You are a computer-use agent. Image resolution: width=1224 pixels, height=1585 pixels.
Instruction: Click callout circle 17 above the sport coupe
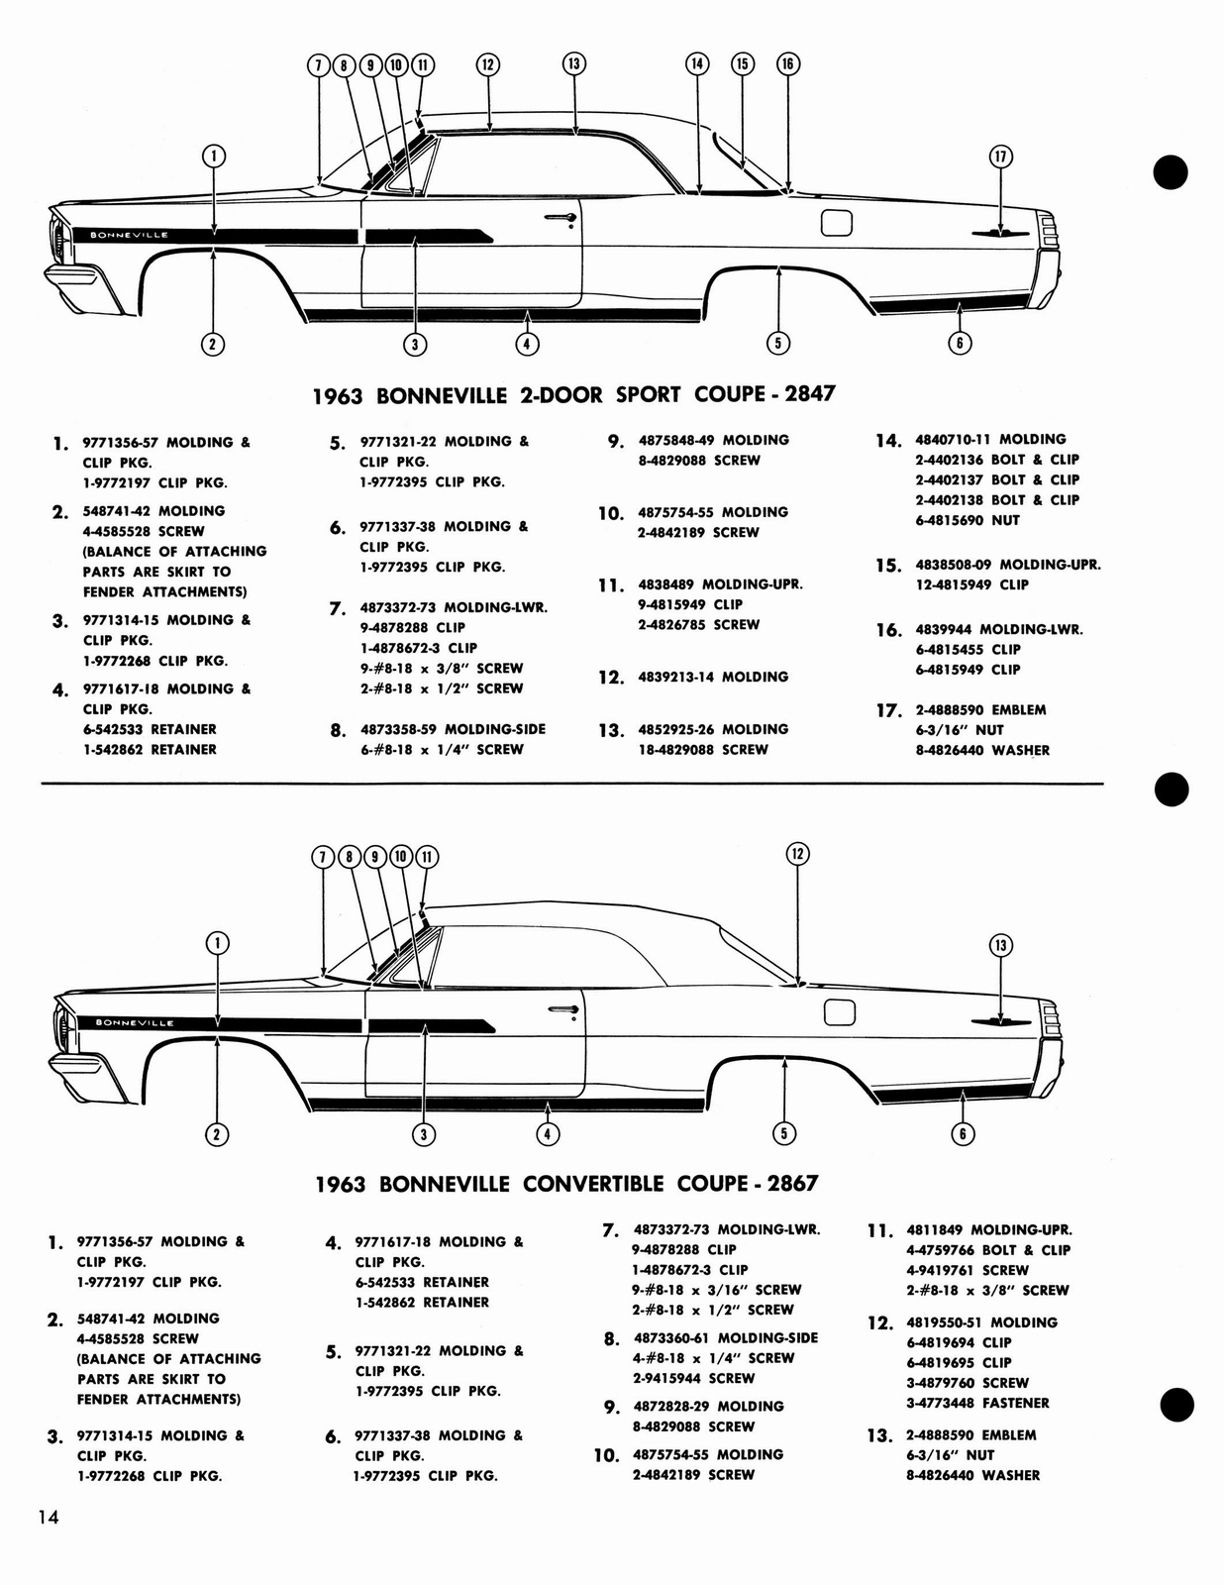coord(1000,156)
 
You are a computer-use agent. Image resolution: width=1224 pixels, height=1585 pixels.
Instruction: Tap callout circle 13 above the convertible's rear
coord(1000,945)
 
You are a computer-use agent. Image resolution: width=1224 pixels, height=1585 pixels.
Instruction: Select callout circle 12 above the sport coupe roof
coord(487,64)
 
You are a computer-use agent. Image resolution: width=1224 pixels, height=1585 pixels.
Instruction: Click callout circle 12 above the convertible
coord(797,854)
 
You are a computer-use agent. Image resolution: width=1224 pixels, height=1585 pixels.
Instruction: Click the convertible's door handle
coord(563,1009)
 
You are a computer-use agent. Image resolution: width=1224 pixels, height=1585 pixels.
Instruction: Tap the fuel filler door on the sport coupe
coord(837,224)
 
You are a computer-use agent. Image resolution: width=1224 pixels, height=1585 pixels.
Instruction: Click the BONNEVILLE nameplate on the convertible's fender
coord(134,1022)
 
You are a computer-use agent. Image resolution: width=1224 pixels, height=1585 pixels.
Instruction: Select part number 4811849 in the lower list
coord(934,1229)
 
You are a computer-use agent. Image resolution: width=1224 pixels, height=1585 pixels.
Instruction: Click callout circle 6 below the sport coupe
coord(959,343)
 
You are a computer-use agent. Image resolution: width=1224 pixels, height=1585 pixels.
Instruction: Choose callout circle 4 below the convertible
coord(547,1133)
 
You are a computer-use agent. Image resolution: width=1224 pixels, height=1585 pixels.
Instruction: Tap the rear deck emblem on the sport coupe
coord(999,233)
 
